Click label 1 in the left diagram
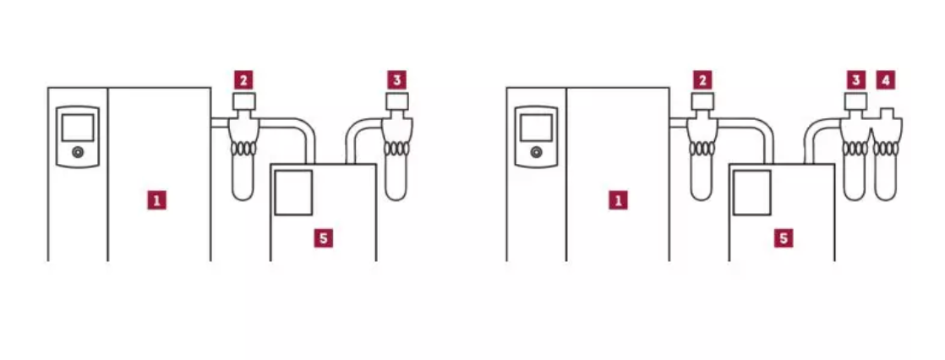[156, 200]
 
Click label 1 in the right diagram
[618, 200]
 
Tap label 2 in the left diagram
[243, 79]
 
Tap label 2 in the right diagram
[702, 79]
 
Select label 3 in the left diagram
[396, 79]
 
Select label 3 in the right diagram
[855, 79]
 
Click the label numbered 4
[885, 79]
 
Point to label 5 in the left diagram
[323, 238]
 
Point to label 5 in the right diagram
[783, 238]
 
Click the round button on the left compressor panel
[78, 152]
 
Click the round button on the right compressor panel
[537, 152]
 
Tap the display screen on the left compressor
[78, 128]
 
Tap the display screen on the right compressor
[537, 128]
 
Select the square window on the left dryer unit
[293, 193]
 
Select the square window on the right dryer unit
[752, 193]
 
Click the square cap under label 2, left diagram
[244, 101]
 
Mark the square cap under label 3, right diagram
[855, 101]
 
